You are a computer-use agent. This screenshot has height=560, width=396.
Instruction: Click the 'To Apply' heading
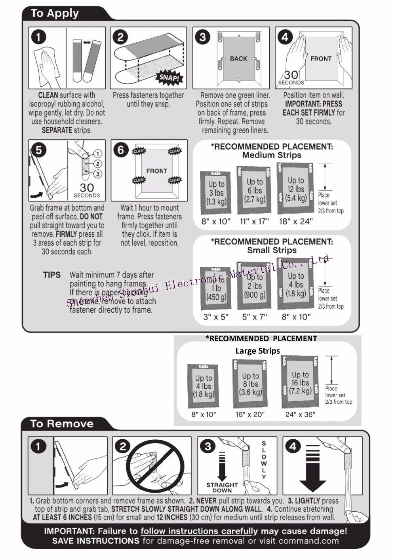(x=55, y=13)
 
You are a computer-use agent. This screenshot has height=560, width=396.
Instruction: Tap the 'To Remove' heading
(x=62, y=423)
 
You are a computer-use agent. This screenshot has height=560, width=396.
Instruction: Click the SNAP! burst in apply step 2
(x=169, y=77)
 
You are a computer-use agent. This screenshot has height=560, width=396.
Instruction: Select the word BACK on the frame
(x=238, y=59)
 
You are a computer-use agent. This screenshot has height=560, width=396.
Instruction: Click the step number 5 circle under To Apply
(x=39, y=150)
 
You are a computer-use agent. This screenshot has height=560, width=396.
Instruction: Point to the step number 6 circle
(x=120, y=150)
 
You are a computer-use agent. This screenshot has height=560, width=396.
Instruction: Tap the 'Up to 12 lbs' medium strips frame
(x=296, y=189)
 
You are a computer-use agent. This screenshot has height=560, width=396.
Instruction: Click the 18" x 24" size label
(x=295, y=221)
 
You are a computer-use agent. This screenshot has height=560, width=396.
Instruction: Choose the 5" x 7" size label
(x=255, y=317)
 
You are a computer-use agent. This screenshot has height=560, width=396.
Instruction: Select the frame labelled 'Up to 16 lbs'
(x=300, y=382)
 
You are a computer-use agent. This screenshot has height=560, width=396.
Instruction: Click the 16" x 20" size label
(x=250, y=414)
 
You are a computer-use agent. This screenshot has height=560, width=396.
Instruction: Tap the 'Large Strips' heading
(x=257, y=351)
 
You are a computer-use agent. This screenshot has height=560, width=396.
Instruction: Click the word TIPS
(x=52, y=275)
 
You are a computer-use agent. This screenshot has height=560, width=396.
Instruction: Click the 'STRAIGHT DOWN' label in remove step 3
(x=222, y=487)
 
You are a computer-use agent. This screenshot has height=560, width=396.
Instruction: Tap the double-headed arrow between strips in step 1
(x=86, y=42)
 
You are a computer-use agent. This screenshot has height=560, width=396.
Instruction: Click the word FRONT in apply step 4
(x=321, y=59)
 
